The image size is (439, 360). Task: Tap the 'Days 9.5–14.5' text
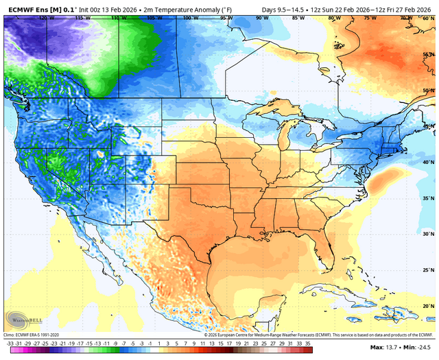[x=283, y=9]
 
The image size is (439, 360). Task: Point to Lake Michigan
[x=283, y=137]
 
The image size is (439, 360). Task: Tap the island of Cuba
[x=343, y=290]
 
